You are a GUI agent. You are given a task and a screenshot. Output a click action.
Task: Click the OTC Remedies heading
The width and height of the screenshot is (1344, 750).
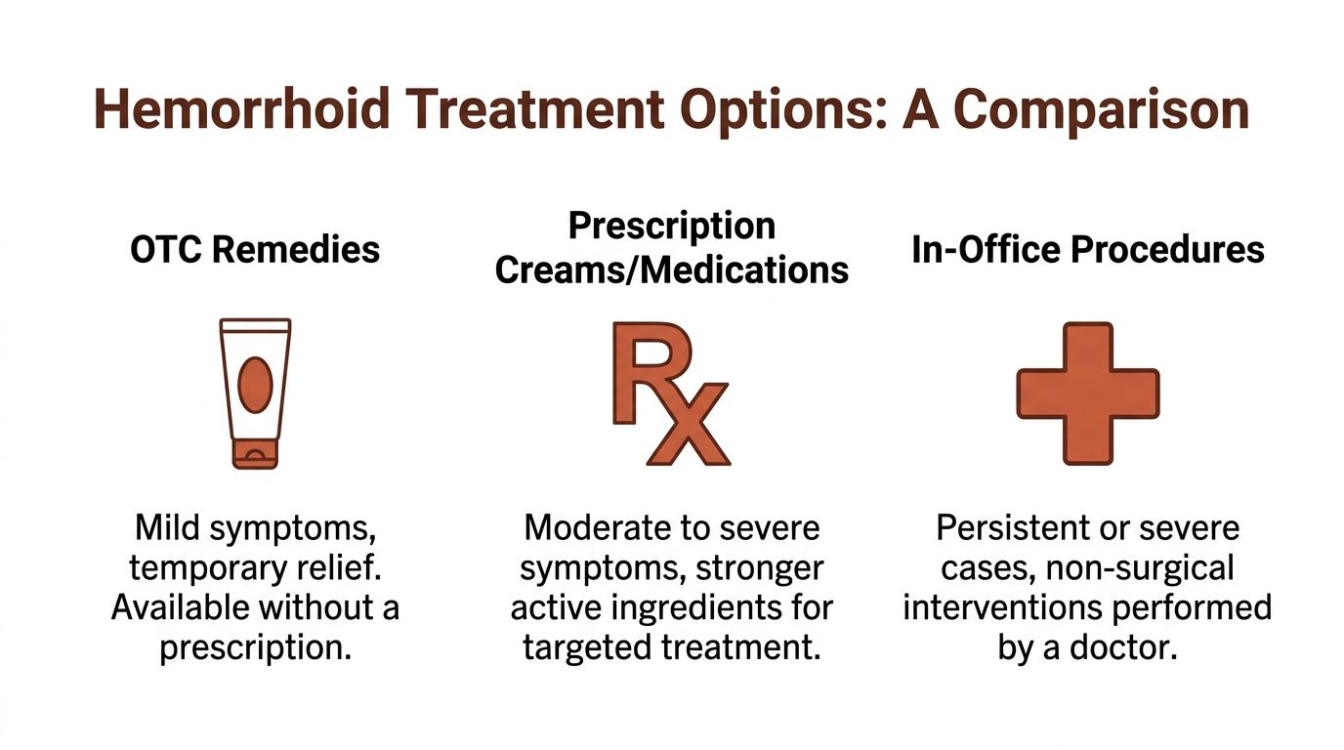255,249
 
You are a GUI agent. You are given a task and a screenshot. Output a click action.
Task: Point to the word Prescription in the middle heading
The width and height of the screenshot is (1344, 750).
672,226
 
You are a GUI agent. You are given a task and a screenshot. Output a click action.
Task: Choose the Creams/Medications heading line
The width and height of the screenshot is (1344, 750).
672,269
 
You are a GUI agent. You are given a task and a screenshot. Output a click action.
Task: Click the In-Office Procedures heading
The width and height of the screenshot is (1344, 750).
1088,249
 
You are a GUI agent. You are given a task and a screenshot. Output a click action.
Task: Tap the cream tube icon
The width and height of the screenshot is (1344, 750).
255,392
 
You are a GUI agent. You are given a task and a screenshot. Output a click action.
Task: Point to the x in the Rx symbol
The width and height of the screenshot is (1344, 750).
690,424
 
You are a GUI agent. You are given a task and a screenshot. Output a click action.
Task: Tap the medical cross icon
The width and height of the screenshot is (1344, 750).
1088,392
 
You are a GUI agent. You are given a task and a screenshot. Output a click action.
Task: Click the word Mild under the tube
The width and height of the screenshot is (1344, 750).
171,528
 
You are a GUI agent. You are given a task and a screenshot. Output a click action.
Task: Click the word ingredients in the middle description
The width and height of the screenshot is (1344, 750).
711,607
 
